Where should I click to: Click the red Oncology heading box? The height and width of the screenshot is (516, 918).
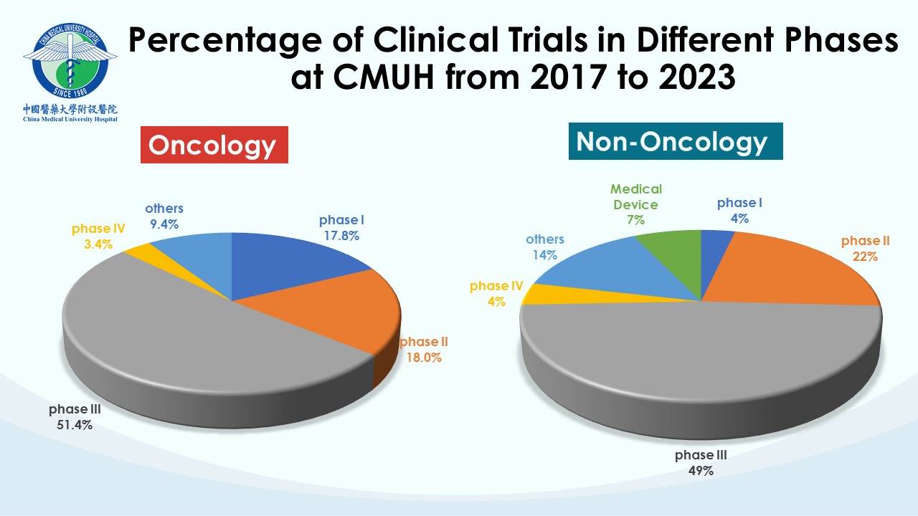213,145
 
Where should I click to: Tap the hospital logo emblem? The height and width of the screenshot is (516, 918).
70,63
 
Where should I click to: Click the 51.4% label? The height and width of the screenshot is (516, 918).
71,424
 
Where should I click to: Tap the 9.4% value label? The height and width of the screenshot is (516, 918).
164,224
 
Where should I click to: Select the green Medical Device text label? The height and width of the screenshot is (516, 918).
635,197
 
